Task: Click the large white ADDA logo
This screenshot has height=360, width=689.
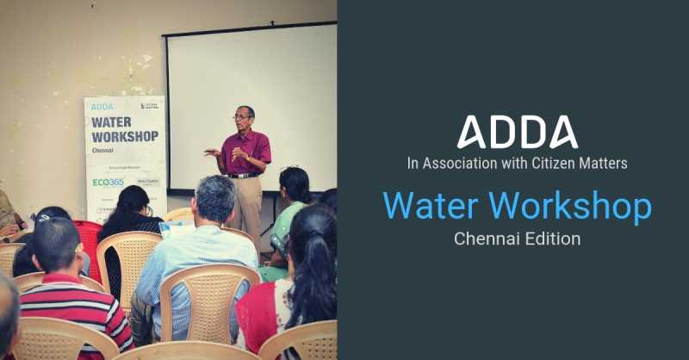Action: click(x=517, y=131)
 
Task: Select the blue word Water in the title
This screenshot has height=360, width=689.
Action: click(x=432, y=207)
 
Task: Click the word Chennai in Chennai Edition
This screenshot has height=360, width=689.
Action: click(x=487, y=238)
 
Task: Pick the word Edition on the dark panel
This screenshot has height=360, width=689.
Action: click(x=553, y=238)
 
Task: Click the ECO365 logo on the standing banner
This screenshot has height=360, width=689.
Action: click(x=109, y=183)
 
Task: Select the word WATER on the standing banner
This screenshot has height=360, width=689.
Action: click(x=112, y=121)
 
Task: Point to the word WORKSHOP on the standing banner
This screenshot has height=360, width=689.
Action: click(x=125, y=136)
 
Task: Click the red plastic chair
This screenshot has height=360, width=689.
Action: click(x=86, y=241)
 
